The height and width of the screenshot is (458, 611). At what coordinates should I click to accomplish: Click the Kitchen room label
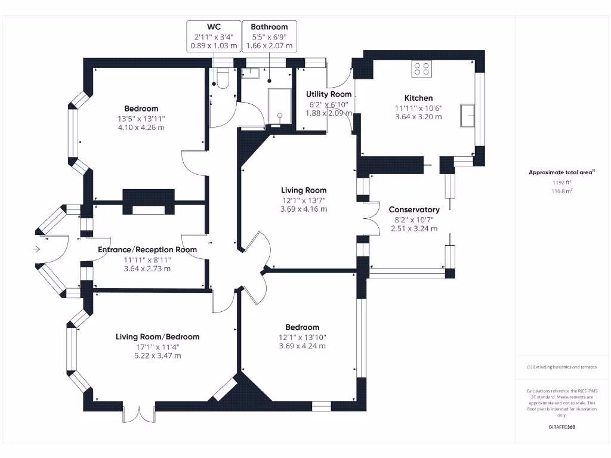tap(418, 98)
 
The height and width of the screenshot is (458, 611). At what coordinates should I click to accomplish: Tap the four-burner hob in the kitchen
tap(422, 69)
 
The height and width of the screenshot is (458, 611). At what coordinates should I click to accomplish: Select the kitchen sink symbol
tap(467, 115)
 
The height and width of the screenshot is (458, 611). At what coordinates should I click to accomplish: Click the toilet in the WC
tap(223, 79)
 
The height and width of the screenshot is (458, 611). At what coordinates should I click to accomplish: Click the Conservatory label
tap(414, 209)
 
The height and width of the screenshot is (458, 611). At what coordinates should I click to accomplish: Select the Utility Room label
tap(329, 94)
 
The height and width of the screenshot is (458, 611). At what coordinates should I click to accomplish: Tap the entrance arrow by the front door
tap(37, 249)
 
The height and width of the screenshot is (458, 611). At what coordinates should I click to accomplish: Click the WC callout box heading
tap(214, 27)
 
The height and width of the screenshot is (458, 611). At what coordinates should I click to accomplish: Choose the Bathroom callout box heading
tap(269, 27)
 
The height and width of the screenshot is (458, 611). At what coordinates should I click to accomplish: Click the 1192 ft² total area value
tap(561, 182)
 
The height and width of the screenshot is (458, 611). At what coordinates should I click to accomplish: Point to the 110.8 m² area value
tap(561, 191)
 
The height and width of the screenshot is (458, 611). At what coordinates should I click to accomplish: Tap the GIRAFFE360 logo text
tap(561, 427)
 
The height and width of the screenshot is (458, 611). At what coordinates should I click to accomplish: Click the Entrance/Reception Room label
tap(147, 249)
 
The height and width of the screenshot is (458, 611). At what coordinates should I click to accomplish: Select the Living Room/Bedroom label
tap(158, 337)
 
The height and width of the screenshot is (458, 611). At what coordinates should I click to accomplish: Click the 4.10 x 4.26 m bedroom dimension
tap(141, 127)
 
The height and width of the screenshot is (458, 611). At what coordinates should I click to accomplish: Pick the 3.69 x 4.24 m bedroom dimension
tap(302, 346)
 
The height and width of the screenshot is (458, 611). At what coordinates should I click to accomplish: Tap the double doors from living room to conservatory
tap(371, 218)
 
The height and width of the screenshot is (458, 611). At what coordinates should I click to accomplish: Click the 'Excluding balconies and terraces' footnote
tap(561, 367)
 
